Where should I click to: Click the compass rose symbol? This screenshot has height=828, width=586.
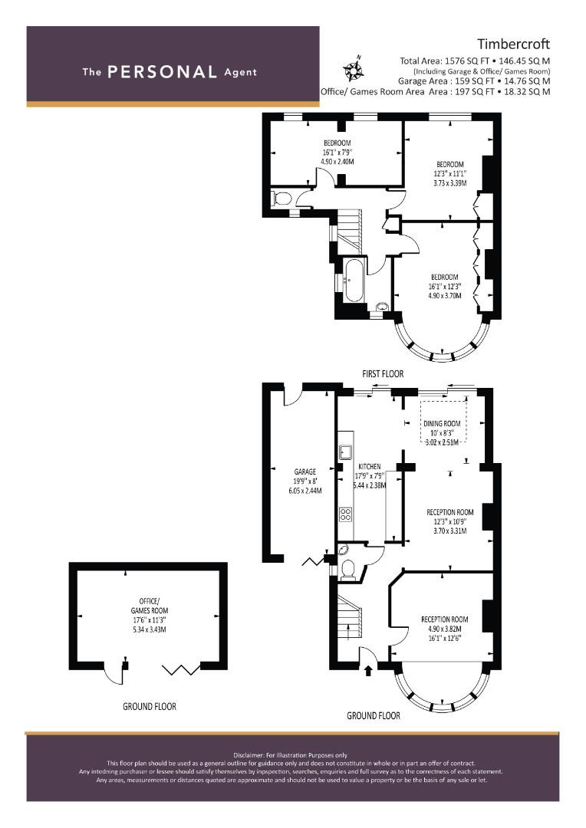point(352,68)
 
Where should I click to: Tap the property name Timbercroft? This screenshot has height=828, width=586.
point(514,44)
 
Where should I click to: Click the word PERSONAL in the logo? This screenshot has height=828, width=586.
point(162,72)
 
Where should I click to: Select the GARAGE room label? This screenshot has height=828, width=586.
point(305,472)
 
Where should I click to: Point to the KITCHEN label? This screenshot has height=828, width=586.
point(370,467)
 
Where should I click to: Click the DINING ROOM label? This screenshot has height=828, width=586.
point(442,423)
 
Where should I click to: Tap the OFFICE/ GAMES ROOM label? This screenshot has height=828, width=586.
point(150,606)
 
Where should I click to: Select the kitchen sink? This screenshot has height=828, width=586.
point(346,452)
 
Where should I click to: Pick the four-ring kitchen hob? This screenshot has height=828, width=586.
point(346,514)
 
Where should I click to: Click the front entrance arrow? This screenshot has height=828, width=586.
point(367,671)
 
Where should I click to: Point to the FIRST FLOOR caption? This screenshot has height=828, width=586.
point(383,374)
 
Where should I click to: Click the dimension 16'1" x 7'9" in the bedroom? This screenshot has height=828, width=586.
point(337,152)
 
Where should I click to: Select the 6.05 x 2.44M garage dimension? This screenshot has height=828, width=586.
point(305,491)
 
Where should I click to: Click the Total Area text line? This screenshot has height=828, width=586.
point(475,61)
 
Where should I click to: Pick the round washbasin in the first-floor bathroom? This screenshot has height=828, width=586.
point(381,307)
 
